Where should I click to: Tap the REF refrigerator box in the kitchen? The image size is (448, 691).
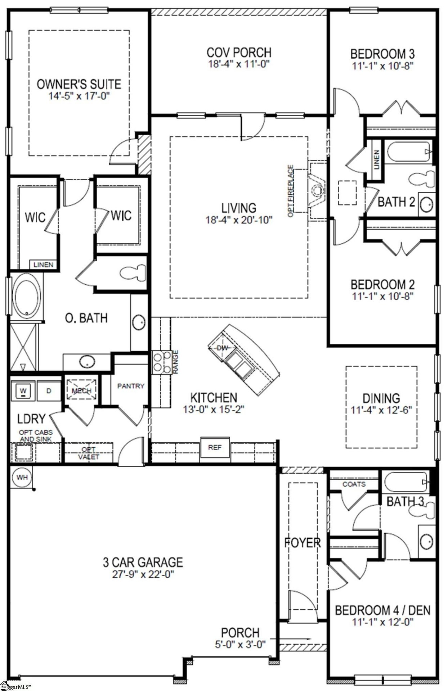[x=215, y=447]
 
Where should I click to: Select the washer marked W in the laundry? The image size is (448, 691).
[x=23, y=390]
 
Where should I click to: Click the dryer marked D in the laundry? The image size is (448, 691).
[x=49, y=390]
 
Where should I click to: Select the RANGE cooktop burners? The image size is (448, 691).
[x=161, y=362]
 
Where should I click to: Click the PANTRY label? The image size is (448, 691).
[x=131, y=386]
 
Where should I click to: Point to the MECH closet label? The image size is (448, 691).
[x=82, y=391]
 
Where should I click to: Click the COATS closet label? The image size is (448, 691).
[x=354, y=484]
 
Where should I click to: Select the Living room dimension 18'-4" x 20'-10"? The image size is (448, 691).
[x=239, y=220]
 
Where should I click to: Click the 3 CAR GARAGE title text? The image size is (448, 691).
[x=143, y=562]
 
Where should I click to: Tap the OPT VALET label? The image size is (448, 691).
[x=89, y=453]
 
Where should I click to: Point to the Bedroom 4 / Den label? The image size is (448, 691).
[x=382, y=610]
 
